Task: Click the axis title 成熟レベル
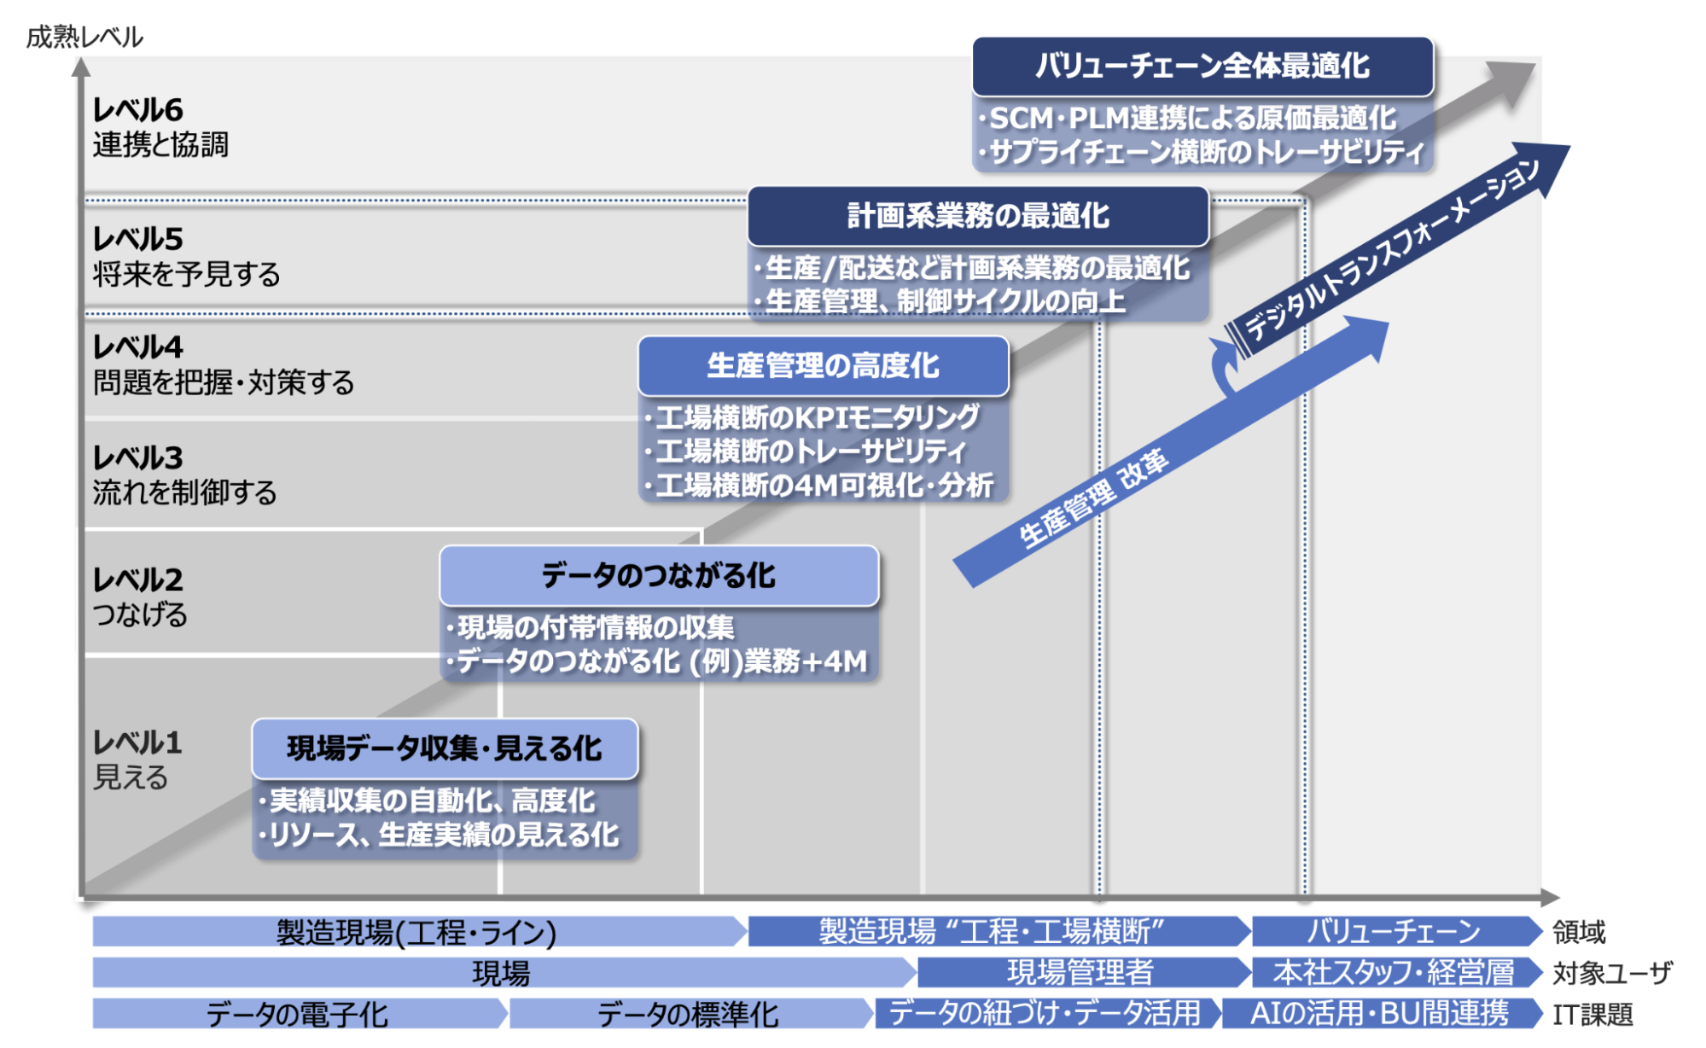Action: click(x=84, y=37)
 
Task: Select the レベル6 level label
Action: click(x=137, y=110)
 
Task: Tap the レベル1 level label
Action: click(x=137, y=742)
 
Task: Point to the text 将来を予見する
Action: click(x=186, y=275)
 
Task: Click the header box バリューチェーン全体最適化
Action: click(x=1202, y=67)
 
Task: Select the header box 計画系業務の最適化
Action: click(x=977, y=216)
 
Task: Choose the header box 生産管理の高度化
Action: click(x=823, y=366)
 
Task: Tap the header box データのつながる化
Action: click(x=658, y=576)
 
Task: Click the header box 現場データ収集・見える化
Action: click(x=444, y=748)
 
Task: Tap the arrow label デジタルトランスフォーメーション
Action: click(x=1391, y=250)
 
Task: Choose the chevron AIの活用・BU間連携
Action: click(x=1379, y=1014)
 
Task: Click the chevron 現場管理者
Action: click(x=1080, y=972)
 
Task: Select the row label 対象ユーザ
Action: click(x=1611, y=973)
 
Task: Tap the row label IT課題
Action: click(x=1592, y=1015)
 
